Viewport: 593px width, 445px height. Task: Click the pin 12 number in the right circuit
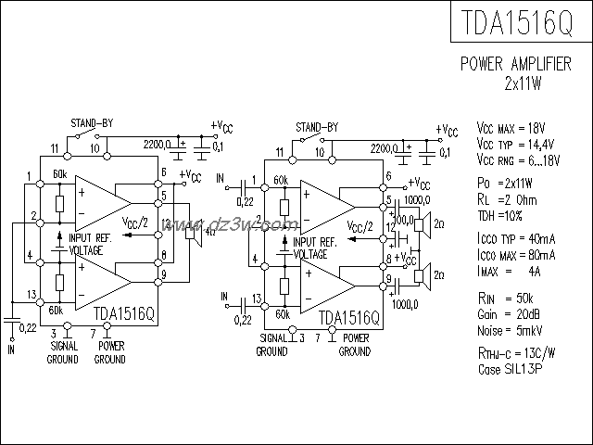pyautogui.click(x=390, y=227)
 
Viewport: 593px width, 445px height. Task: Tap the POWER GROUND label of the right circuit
pyautogui.click(x=355, y=345)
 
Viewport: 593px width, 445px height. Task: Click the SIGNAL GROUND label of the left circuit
pyautogui.click(x=62, y=353)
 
